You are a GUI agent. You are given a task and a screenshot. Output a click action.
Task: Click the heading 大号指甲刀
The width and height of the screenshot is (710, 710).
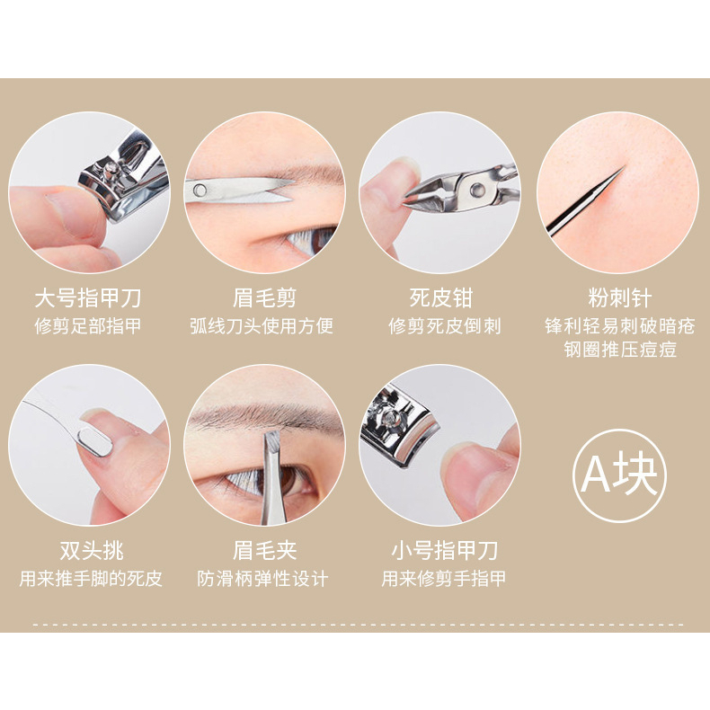(x=88, y=298)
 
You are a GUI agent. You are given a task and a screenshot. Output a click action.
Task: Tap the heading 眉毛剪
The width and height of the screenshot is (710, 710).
(x=264, y=298)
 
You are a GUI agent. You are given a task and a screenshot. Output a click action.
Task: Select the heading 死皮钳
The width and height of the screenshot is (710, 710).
(x=441, y=298)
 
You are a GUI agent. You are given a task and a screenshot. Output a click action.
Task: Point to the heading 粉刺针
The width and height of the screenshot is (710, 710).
(x=620, y=298)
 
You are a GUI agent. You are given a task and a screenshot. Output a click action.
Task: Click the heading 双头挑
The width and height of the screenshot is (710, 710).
(x=92, y=551)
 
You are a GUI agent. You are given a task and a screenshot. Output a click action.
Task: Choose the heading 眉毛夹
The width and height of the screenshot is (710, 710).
(x=264, y=551)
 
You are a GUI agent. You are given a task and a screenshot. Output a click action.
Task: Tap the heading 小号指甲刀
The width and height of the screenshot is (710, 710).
(x=444, y=551)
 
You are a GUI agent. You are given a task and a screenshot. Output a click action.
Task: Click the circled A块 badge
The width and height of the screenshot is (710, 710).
(x=619, y=475)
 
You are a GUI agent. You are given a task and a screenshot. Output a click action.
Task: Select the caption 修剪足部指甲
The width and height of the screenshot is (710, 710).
(x=88, y=326)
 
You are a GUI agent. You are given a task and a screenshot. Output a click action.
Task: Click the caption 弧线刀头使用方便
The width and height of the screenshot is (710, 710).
(x=262, y=326)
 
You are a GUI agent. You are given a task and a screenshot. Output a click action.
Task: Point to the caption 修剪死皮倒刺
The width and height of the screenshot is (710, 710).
(x=444, y=326)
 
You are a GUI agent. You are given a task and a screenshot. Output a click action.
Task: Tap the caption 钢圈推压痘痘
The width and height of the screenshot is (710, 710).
(x=620, y=350)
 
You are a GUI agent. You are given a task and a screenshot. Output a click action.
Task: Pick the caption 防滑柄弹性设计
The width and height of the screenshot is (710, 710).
(x=262, y=579)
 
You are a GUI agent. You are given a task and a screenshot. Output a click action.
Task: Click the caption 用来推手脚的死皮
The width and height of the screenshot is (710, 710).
(x=91, y=579)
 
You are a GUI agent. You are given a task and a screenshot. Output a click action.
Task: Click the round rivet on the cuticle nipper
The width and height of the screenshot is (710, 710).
(x=477, y=191)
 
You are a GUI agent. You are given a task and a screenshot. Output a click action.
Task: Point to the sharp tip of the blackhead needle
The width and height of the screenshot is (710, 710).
(x=623, y=167)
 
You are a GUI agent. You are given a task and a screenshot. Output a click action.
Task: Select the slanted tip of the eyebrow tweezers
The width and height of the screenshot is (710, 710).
(x=271, y=438)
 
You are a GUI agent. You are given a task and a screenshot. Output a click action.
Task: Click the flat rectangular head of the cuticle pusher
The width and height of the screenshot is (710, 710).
(x=94, y=441)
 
